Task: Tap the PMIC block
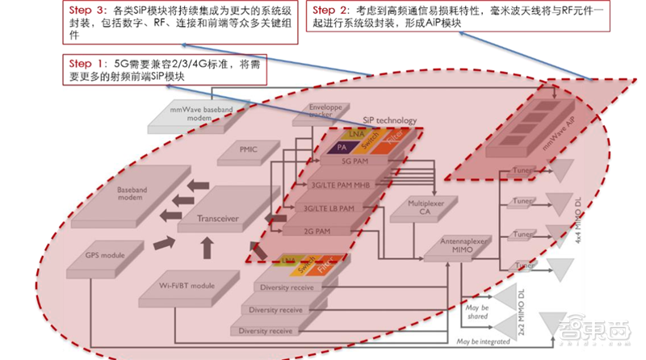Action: click(x=248, y=150)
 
